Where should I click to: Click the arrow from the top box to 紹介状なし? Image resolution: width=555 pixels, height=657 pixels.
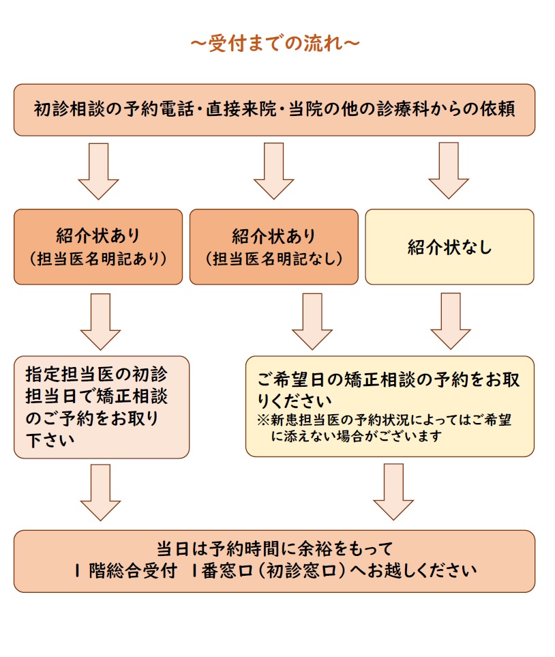point(448,170)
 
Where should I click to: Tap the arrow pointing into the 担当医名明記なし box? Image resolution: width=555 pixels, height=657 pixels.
point(273,170)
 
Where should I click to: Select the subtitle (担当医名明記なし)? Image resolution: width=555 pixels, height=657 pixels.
point(273,259)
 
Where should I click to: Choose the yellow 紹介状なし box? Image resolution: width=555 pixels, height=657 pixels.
point(449,246)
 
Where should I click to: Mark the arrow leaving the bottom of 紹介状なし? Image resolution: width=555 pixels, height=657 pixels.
point(450,320)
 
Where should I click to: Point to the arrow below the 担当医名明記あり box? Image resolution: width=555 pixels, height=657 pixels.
point(100,320)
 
